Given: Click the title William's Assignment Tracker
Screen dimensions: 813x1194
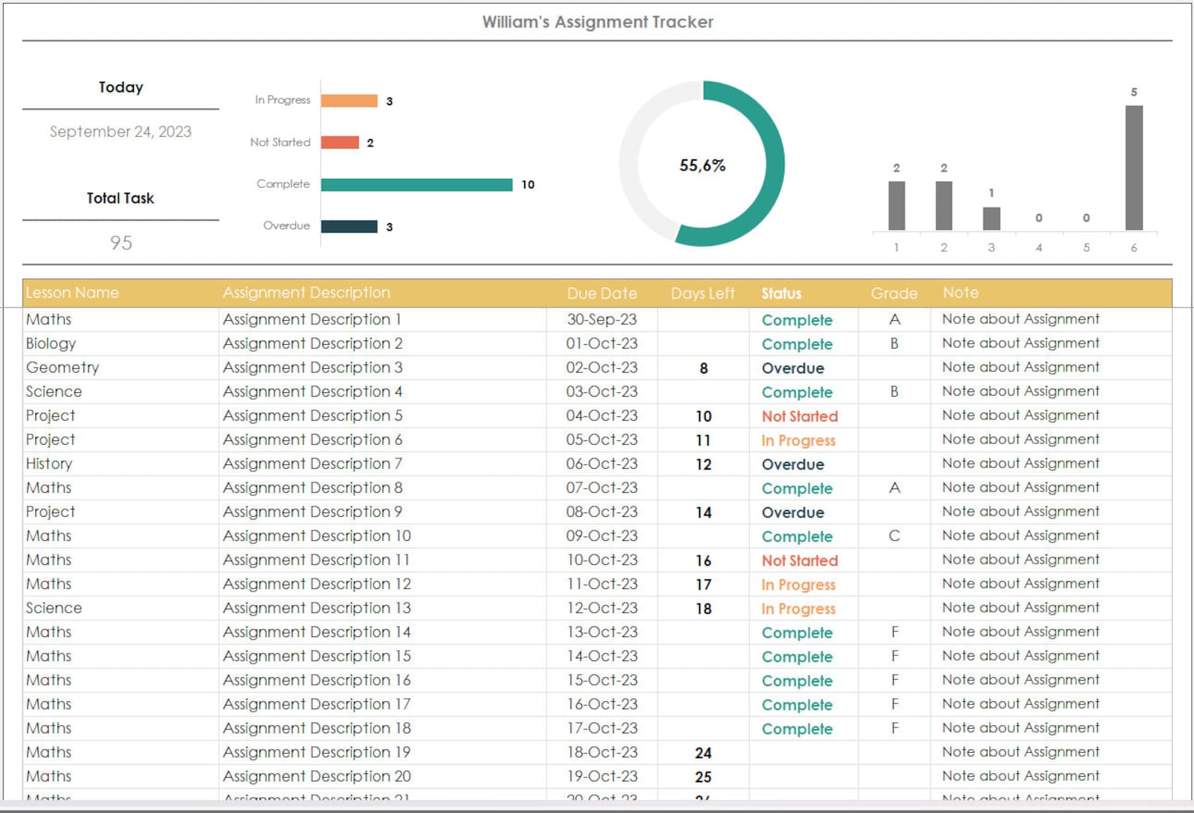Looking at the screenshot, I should pos(598,23).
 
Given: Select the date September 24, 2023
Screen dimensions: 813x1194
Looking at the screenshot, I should pos(120,131).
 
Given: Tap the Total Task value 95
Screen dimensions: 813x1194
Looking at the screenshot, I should pos(120,243).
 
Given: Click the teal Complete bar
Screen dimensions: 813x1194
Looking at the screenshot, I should pos(417,185).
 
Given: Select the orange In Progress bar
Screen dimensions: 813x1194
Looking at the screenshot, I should pos(349,101).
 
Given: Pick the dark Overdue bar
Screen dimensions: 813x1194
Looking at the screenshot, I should pos(349,226).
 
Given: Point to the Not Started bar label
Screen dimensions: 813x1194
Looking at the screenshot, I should pos(280,142).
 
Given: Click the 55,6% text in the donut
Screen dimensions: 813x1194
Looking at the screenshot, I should pos(702,165).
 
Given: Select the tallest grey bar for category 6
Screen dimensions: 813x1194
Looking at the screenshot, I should pos(1134,168).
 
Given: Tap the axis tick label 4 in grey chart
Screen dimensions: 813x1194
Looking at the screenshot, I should pos(1038,247).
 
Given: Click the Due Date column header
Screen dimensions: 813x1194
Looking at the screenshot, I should pos(602,293).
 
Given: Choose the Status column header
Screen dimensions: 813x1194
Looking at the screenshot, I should pos(781,294).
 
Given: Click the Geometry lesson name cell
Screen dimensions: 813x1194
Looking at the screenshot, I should pos(62,367).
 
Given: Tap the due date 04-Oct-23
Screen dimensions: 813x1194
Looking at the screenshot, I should pos(602,416).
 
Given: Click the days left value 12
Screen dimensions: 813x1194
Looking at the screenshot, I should pos(703,464).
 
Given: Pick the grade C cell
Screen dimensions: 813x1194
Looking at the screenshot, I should pos(894,536).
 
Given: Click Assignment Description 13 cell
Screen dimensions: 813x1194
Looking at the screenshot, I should pos(317,608).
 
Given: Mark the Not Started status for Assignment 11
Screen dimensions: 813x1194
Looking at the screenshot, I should pos(799,561).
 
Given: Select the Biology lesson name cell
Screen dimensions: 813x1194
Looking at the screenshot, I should pos(50,343).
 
